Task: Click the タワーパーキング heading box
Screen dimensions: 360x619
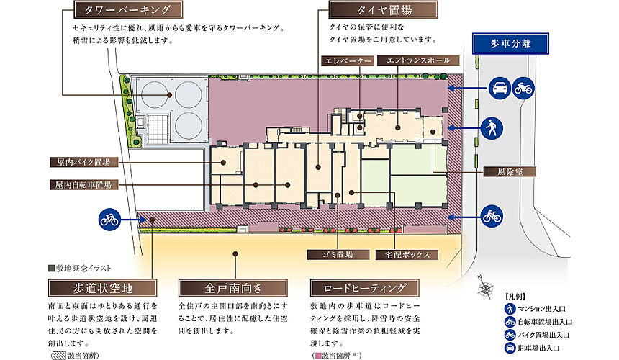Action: coord(127,10)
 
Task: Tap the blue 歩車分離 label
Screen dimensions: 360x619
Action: coord(511,43)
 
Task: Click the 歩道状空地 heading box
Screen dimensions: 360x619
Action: coord(101,289)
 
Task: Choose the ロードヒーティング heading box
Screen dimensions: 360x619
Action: coord(360,289)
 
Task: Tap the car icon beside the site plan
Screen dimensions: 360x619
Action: coord(497,89)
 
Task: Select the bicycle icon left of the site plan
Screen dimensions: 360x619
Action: coord(109,219)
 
